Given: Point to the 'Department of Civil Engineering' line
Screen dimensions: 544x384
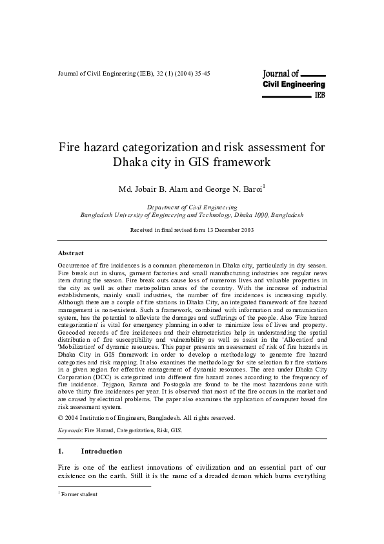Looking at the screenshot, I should pos(192,207).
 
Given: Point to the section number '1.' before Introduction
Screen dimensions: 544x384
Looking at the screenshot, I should pos(61,450).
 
